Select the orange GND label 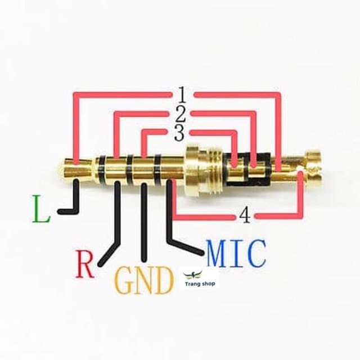coord(143,280)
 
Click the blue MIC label coord(236,254)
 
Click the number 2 coord(180,115)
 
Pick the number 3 coord(178,133)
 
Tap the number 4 coord(245,215)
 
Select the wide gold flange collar coord(193,172)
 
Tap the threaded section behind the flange coord(213,172)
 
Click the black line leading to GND coord(145,225)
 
